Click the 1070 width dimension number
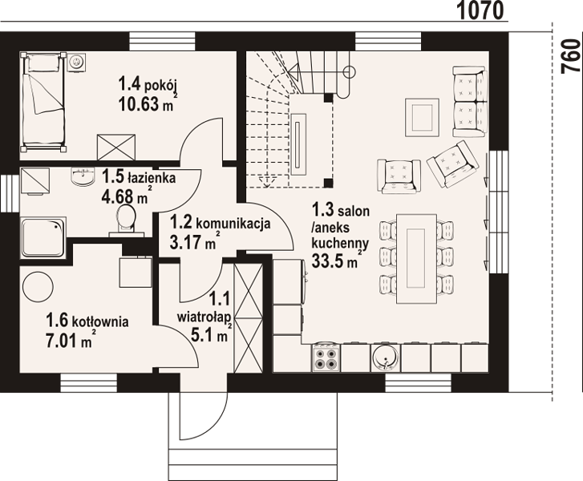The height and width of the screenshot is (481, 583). [x=480, y=10]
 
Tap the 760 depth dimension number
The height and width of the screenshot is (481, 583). [x=573, y=56]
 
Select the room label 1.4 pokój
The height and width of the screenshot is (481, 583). [x=147, y=83]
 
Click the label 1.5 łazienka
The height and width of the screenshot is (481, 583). [x=138, y=177]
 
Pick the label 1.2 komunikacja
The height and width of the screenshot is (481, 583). [x=220, y=223]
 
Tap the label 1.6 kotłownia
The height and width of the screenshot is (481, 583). [x=87, y=320]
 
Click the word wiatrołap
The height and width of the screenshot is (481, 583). [x=204, y=317]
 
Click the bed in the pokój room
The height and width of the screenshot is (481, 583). [x=44, y=103]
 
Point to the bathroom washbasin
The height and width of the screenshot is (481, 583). [x=82, y=176]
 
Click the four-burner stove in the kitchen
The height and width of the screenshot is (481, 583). [x=326, y=358]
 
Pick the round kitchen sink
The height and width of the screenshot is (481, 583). [x=385, y=358]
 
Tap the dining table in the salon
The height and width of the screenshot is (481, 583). [x=416, y=259]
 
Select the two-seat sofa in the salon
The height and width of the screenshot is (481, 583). [x=470, y=101]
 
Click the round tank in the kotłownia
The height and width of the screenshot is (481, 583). [x=38, y=287]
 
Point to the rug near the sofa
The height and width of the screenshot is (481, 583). [x=422, y=118]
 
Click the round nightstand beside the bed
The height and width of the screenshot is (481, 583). [x=77, y=61]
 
